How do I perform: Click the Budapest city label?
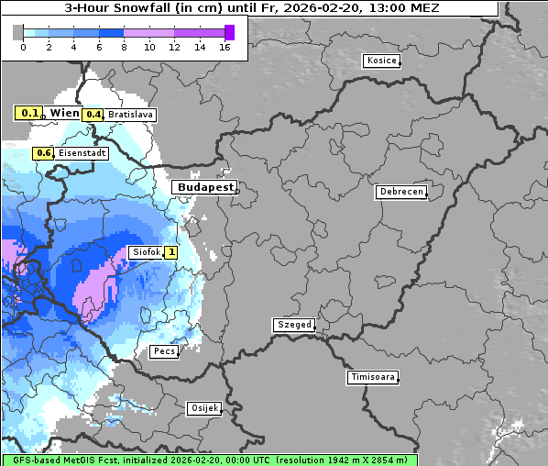click(x=204, y=187)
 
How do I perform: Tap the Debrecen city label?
click(x=400, y=192)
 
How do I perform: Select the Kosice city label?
click(x=380, y=61)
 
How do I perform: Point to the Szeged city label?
click(x=293, y=325)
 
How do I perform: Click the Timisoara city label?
click(x=372, y=377)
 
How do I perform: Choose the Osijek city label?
click(x=203, y=408)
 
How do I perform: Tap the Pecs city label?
click(x=164, y=351)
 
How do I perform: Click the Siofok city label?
click(x=145, y=252)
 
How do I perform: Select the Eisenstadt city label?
click(x=82, y=154)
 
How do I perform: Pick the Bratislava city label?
click(x=130, y=115)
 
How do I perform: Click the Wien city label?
click(x=64, y=113)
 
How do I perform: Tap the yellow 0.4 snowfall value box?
click(x=93, y=115)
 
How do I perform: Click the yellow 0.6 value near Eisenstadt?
click(x=43, y=154)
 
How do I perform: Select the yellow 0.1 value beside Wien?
click(x=29, y=113)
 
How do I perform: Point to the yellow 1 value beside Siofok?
click(x=170, y=252)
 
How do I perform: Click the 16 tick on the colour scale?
click(x=225, y=47)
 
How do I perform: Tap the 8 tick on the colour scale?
click(x=124, y=47)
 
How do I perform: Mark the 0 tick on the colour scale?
click(x=23, y=47)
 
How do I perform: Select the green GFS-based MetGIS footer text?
click(x=209, y=460)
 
